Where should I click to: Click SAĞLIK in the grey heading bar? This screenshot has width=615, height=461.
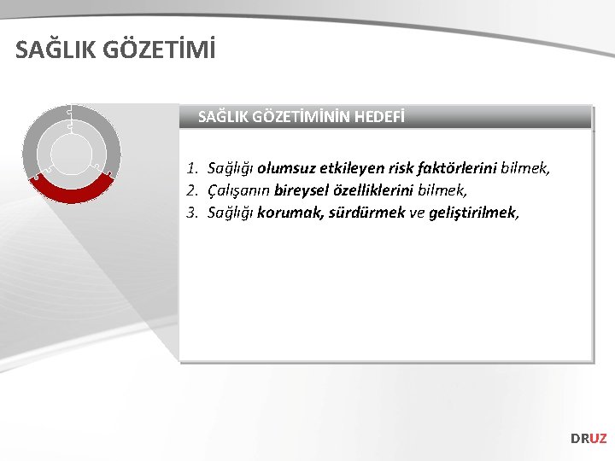point(224,116)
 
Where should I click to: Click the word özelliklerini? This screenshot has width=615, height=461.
point(376,190)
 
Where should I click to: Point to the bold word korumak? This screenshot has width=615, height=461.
point(290,213)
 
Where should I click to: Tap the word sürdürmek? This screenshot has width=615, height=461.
point(366,213)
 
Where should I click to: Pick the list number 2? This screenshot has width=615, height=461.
point(193,190)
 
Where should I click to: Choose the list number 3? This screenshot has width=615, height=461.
point(193,213)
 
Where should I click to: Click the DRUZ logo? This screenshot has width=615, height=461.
point(589,438)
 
